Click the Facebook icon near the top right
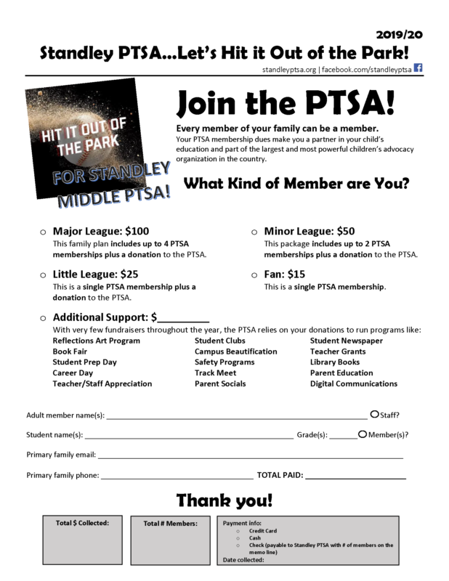(x=418, y=68)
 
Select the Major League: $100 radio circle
(x=43, y=232)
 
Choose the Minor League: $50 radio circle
(x=254, y=232)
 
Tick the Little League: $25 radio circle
(x=43, y=275)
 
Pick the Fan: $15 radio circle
(x=254, y=275)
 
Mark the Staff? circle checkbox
(x=374, y=414)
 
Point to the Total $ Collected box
(x=81, y=540)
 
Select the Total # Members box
(x=170, y=540)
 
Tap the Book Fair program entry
(x=70, y=352)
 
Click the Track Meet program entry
(x=214, y=373)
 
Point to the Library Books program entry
(x=334, y=362)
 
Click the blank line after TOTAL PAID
(x=355, y=477)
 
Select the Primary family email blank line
(x=250, y=456)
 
